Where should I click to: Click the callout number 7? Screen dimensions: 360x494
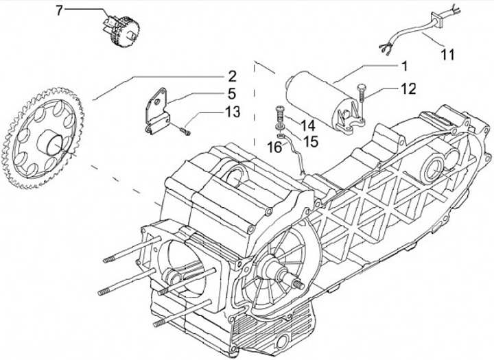point(58,10)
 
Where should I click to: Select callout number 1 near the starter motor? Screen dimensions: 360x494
point(404,66)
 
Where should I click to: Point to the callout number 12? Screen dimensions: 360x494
point(408,89)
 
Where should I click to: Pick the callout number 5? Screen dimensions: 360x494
point(232,93)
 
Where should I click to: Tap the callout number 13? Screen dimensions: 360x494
point(232,112)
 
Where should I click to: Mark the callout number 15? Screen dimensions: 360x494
point(311,141)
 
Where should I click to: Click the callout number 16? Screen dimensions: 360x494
point(273,147)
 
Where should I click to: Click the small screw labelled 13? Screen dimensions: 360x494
point(183,129)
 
